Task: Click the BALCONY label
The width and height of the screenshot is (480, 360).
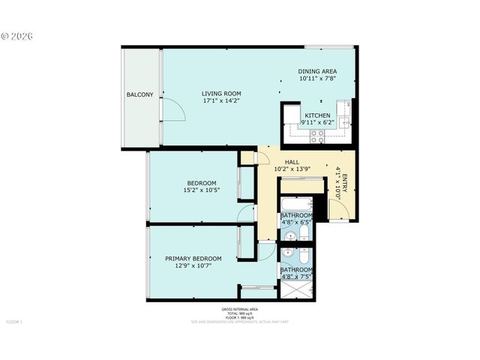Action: pos(140,94)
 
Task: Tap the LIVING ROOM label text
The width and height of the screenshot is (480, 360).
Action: pos(221,94)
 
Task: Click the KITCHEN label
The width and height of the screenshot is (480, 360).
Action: pos(317,115)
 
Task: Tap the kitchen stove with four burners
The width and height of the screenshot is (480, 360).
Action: pos(317,136)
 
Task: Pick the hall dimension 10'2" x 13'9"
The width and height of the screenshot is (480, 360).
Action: pos(292,169)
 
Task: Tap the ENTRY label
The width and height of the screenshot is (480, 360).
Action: pos(346,181)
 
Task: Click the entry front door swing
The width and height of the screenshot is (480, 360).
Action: pos(338,210)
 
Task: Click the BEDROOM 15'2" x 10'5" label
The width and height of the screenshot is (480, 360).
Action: pos(201,186)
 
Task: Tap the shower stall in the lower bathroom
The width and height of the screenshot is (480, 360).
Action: pos(297,289)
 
